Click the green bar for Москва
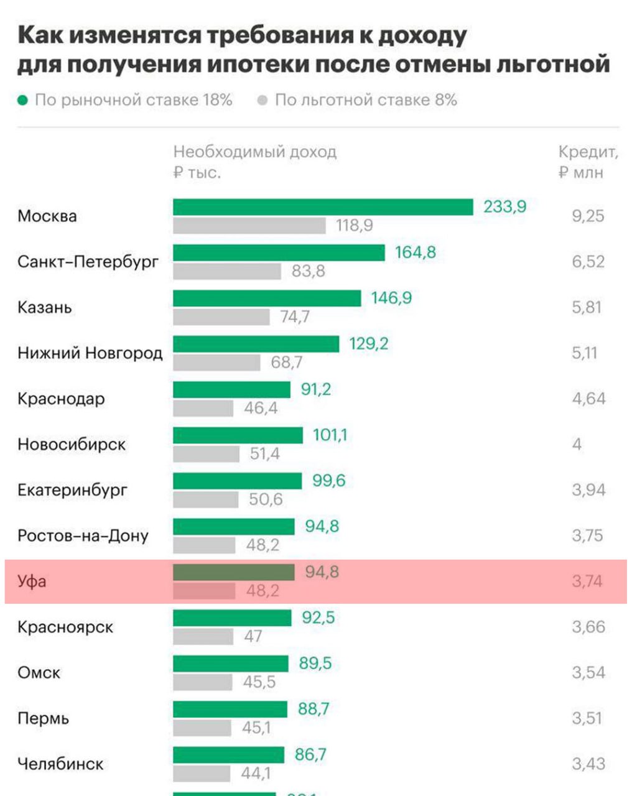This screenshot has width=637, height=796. (323, 207)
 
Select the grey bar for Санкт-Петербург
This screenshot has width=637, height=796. (227, 271)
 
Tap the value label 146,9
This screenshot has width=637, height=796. (391, 298)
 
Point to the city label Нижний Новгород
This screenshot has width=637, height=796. (90, 353)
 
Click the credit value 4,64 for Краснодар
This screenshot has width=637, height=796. (588, 399)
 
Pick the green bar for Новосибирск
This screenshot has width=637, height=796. (238, 435)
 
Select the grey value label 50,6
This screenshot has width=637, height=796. (266, 499)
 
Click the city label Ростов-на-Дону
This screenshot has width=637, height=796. (83, 536)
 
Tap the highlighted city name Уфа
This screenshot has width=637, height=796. (32, 582)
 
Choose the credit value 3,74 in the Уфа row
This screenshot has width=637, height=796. (587, 581)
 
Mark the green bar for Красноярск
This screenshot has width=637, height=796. (232, 618)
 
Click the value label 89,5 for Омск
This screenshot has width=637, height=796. (315, 664)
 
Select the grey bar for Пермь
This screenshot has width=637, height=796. (202, 728)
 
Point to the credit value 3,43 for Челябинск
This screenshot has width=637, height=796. (588, 764)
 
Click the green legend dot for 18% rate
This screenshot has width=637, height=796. (23, 100)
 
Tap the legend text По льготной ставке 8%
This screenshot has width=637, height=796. (366, 100)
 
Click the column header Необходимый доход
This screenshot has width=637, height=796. (254, 152)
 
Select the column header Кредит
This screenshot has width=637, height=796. (588, 152)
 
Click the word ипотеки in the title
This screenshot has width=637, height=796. (261, 65)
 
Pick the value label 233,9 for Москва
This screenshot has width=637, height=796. (504, 206)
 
